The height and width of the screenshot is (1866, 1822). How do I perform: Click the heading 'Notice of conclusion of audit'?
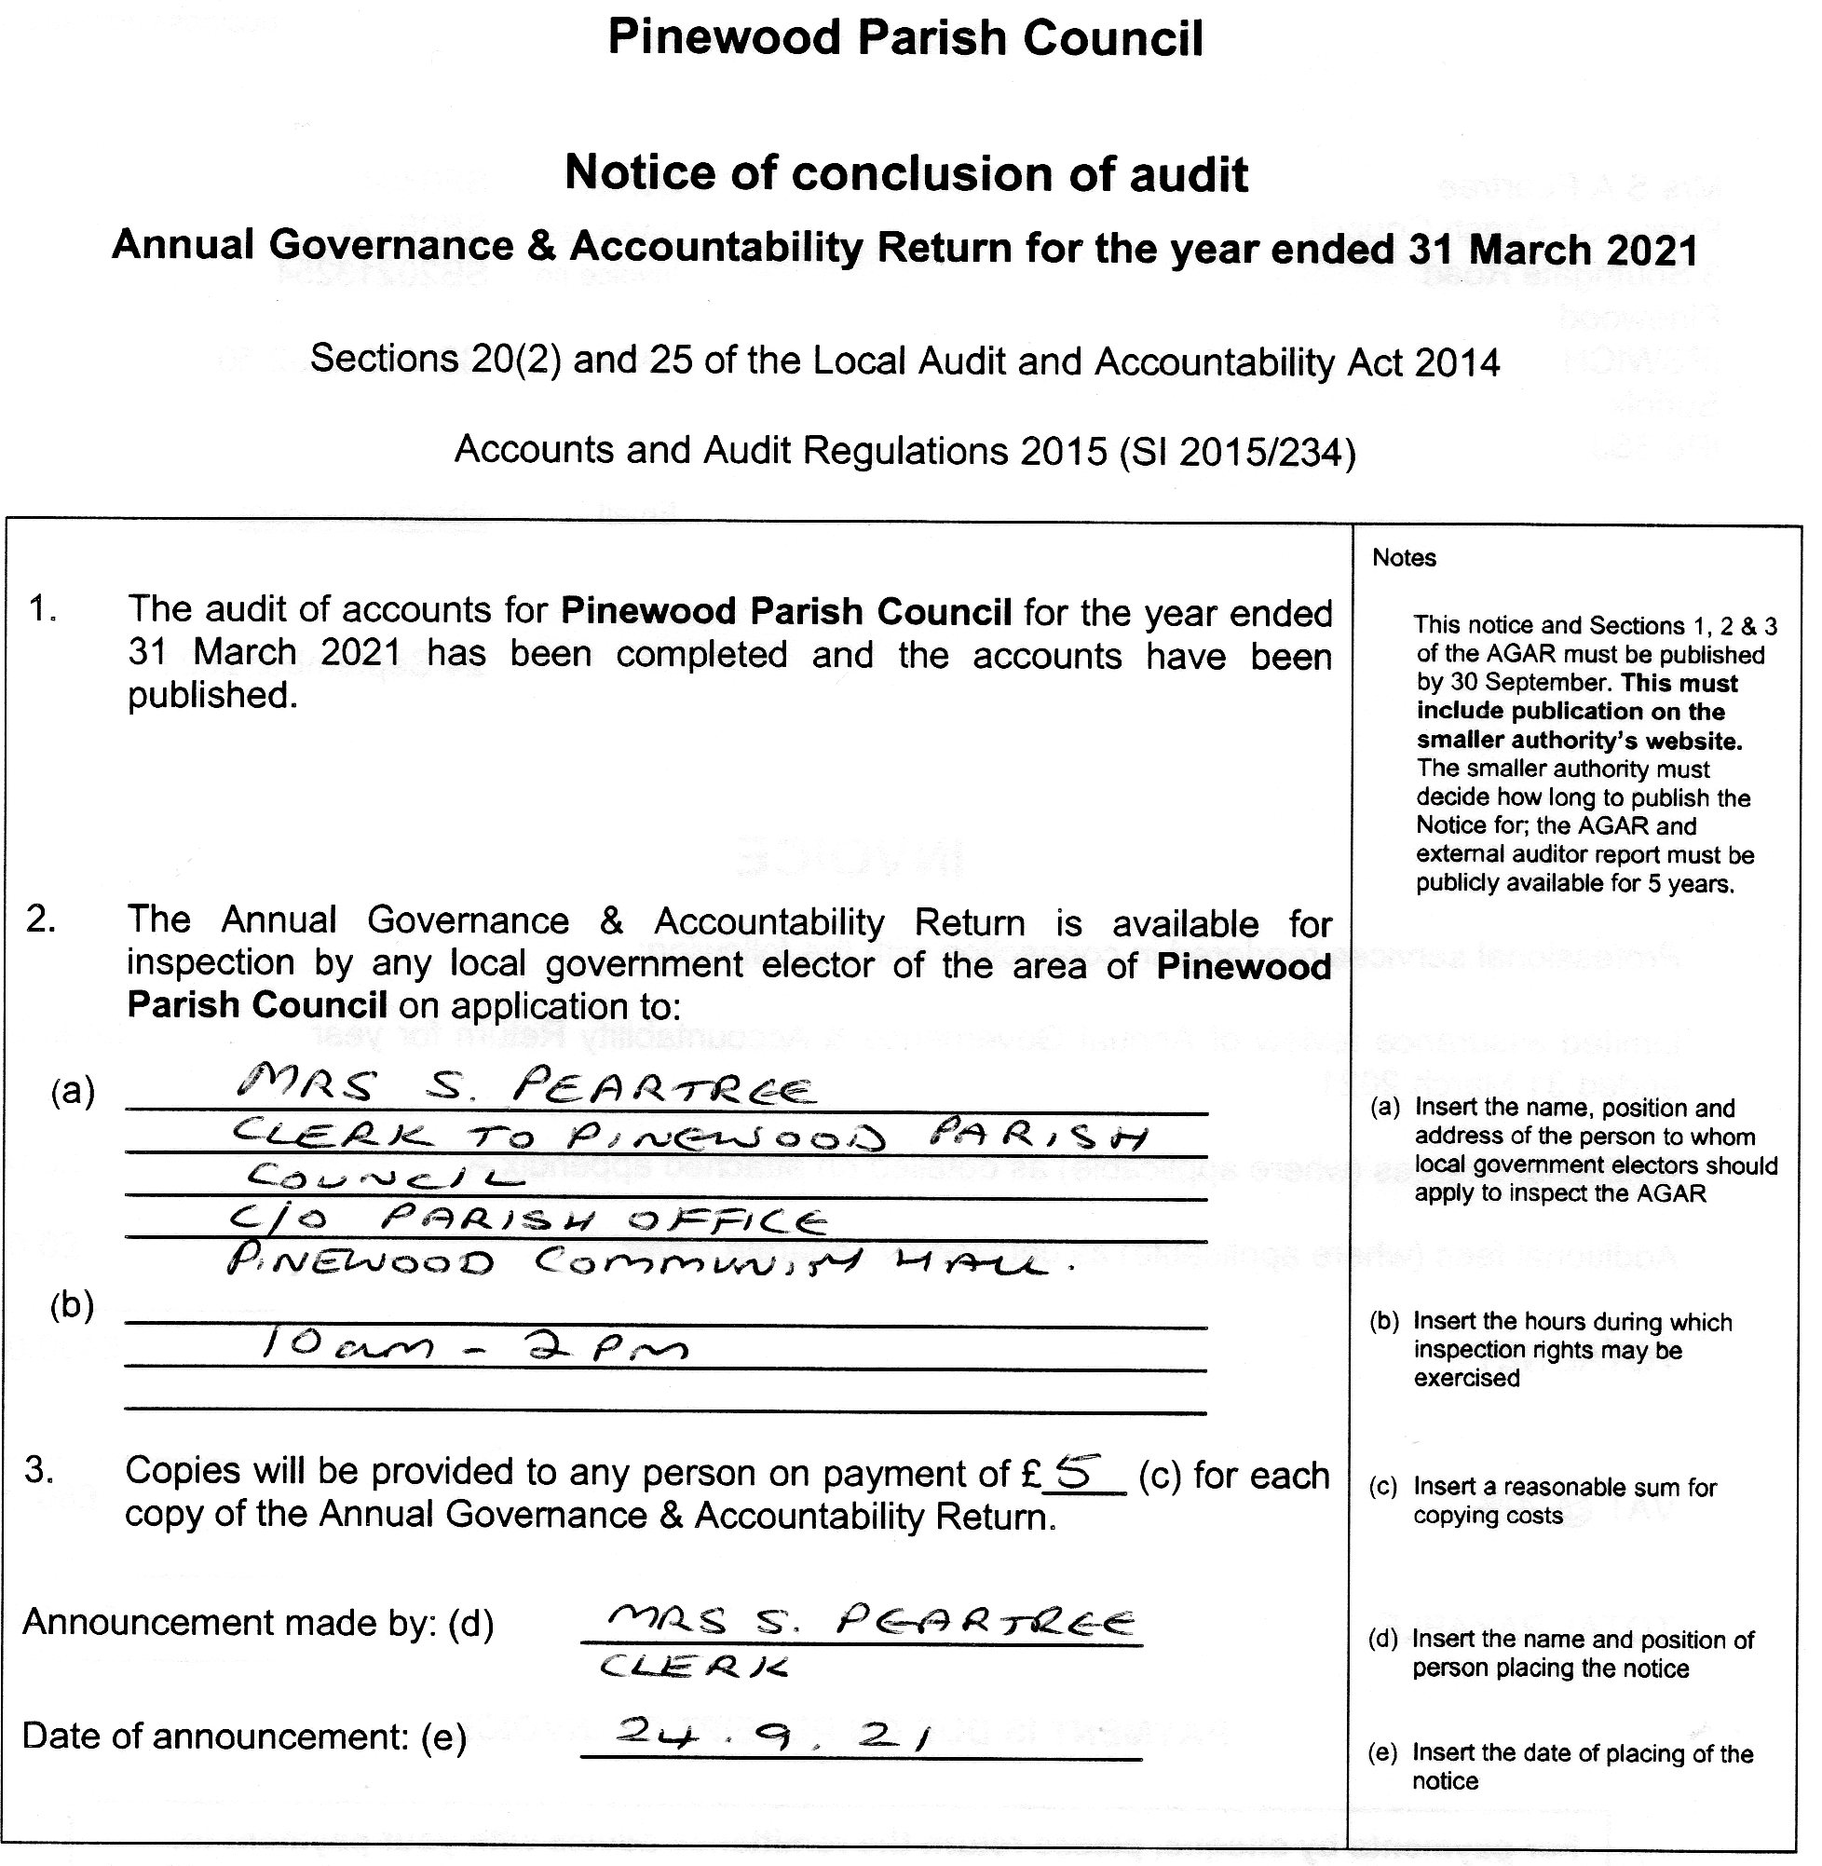[905, 174]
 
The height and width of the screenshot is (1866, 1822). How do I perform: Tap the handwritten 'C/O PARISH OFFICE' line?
[528, 1220]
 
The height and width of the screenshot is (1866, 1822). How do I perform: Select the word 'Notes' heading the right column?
[1404, 558]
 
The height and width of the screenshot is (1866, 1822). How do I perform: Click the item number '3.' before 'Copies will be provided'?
[39, 1471]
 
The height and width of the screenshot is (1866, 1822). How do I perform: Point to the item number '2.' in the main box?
[41, 919]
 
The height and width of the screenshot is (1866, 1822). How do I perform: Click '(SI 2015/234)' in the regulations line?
[1237, 451]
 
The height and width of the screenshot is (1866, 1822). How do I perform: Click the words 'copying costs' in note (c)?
[1488, 1515]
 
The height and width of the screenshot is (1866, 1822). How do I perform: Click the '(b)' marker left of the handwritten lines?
[72, 1305]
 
